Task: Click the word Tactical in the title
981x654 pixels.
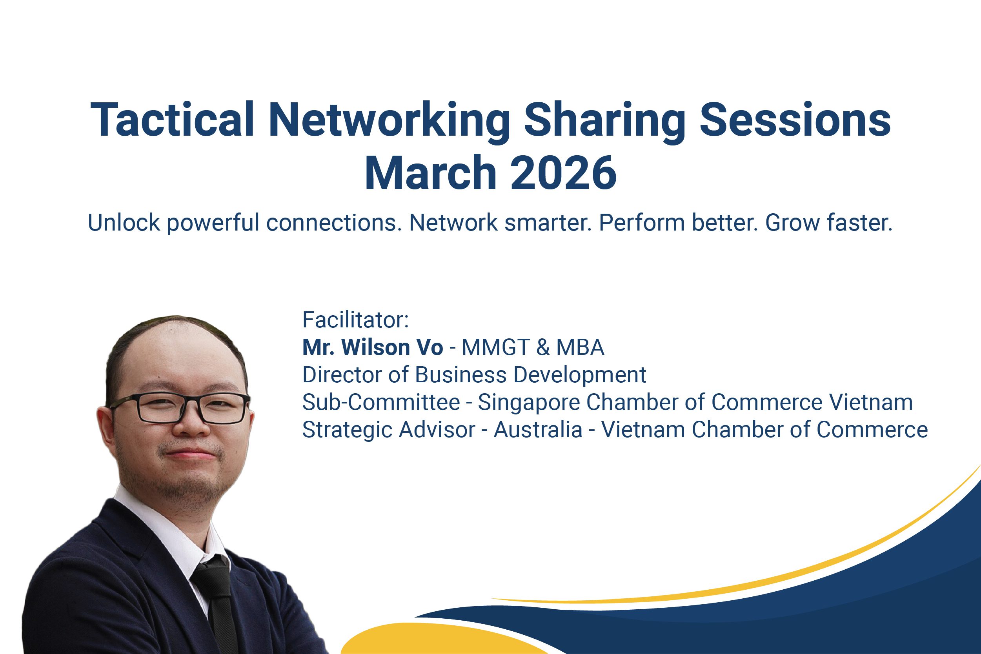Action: (172, 120)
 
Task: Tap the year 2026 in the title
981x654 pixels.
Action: (563, 172)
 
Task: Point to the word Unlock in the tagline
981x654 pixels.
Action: (124, 222)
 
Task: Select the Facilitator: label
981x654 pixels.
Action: (355, 320)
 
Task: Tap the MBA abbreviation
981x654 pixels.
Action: (580, 347)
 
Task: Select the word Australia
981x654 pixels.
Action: (538, 430)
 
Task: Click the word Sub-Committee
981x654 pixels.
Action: (381, 402)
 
